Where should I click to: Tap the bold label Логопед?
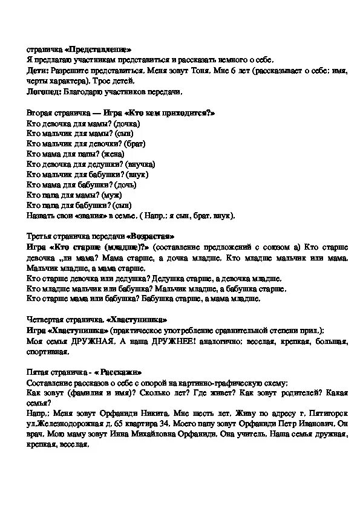44,92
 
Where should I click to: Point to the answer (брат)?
135,144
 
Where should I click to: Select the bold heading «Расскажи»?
115,372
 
